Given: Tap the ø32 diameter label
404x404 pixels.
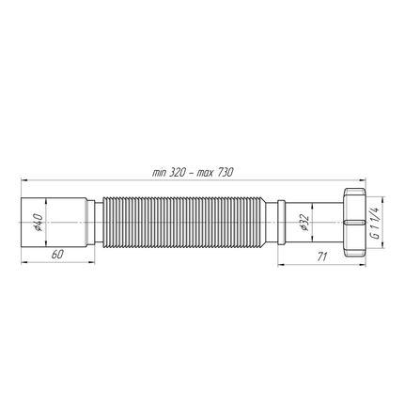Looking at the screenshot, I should (303, 223).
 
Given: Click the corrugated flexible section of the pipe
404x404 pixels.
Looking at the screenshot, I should (188, 223).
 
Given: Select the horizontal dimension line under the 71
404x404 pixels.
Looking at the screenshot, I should (319, 263).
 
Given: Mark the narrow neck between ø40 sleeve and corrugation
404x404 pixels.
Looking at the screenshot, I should (96, 223).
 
